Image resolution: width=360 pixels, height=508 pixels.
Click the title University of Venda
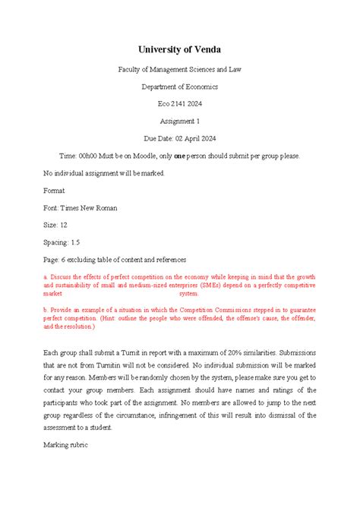[x=179, y=49]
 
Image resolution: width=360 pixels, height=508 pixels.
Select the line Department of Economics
[x=179, y=87]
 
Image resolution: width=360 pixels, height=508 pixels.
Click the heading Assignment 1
[x=179, y=121]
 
